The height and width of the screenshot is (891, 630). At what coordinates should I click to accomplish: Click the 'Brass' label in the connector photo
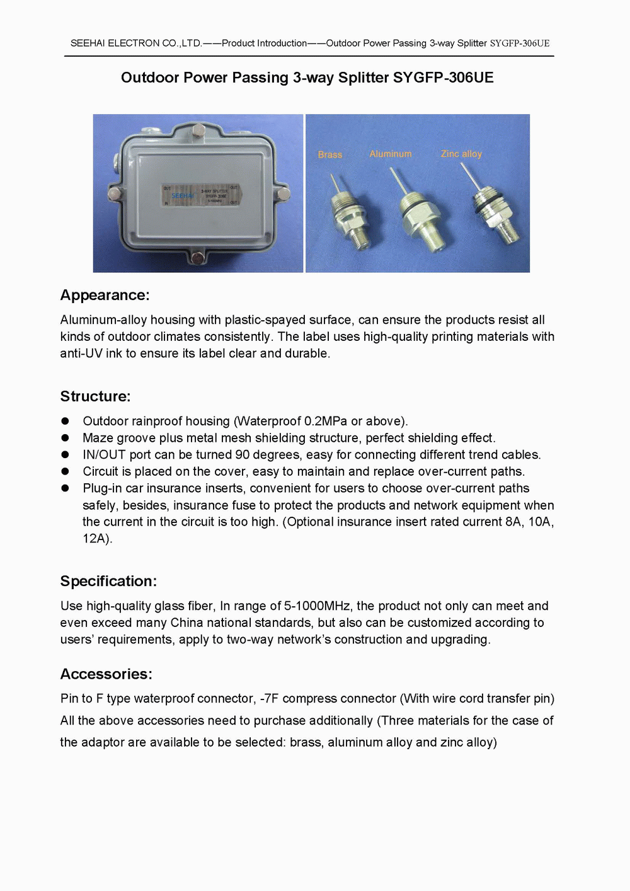click(x=329, y=154)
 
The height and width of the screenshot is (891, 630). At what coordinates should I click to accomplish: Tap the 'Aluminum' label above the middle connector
click(x=391, y=154)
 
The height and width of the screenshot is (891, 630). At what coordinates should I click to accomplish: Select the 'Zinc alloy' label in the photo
click(x=461, y=154)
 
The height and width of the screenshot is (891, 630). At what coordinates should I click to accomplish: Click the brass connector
click(x=350, y=220)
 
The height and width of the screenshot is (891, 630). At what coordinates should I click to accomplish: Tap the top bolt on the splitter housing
click(x=198, y=130)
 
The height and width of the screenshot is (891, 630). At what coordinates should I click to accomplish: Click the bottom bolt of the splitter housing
click(x=198, y=258)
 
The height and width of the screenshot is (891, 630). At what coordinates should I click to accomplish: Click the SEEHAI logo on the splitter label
click(x=183, y=196)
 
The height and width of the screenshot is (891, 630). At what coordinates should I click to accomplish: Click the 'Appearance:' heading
click(x=105, y=296)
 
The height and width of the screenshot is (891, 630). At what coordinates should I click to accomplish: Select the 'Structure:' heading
click(x=95, y=396)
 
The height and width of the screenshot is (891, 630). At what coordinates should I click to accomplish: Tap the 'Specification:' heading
click(x=108, y=581)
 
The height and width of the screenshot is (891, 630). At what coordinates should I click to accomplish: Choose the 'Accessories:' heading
click(x=106, y=674)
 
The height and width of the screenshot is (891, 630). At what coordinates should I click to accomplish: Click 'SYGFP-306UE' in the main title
click(x=443, y=78)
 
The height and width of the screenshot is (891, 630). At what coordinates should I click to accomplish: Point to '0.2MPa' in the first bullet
click(x=326, y=421)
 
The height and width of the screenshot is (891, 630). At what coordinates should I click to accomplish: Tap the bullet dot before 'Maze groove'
click(x=65, y=438)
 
